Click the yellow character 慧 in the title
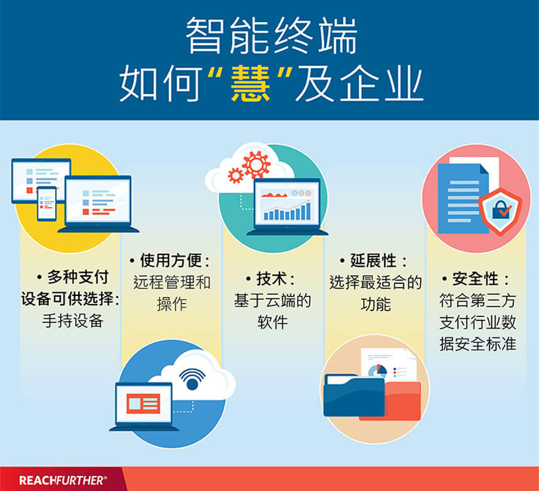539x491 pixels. coord(250,83)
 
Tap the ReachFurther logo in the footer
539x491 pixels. coord(63,480)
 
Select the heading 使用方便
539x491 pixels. coord(170,261)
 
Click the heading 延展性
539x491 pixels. coord(373,261)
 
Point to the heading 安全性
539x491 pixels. coord(475,278)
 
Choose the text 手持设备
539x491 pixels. coord(73,320)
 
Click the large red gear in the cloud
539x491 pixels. coord(256,164)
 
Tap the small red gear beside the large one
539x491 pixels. coord(236,175)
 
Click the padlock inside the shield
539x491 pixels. coord(501,209)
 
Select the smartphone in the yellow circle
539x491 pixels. coord(47,204)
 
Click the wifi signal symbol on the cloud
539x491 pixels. coord(192,379)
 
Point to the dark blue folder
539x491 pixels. coord(353,395)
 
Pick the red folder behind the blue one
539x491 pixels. coord(402,401)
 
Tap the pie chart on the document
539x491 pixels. coord(377,371)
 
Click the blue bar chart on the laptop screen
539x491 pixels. coord(286,211)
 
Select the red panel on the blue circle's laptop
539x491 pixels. coord(144,403)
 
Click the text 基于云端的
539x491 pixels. coord(272,300)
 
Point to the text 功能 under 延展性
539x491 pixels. coord(375,304)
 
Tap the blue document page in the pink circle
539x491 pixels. coord(463,199)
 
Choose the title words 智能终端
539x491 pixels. coord(271,35)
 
